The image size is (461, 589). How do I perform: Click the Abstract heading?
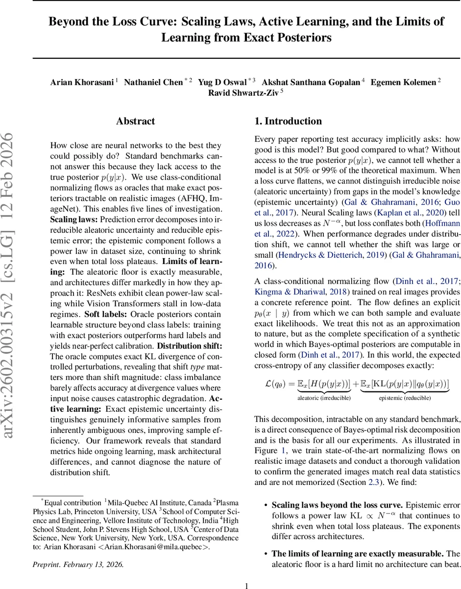tap(135, 121)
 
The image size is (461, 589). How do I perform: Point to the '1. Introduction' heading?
tap(288, 121)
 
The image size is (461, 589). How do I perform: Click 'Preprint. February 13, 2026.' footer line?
tap(78, 564)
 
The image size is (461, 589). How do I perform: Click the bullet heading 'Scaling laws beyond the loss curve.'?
tap(337, 505)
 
